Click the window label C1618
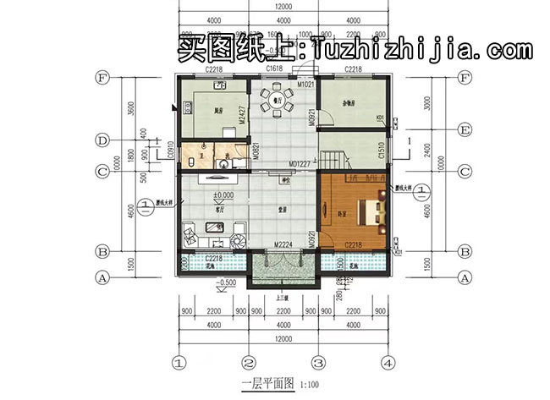coord(273,68)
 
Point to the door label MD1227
coord(302,164)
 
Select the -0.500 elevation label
coord(226,282)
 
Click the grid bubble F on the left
coord(102,79)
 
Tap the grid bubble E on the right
coord(463,130)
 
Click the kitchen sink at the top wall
coord(218,85)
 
